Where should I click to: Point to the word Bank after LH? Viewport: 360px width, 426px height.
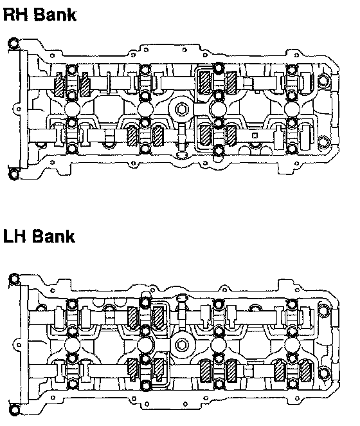pos(54,236)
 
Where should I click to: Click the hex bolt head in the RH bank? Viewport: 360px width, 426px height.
pos(181,109)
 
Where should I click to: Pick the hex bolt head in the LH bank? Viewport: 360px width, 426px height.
pos(181,345)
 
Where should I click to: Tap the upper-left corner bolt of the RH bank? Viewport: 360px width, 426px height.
pos(13,43)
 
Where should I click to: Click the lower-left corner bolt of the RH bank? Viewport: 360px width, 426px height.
pos(14,174)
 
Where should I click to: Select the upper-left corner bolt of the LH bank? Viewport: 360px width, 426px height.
pos(14,279)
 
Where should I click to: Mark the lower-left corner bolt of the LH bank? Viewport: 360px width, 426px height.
pos(14,409)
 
